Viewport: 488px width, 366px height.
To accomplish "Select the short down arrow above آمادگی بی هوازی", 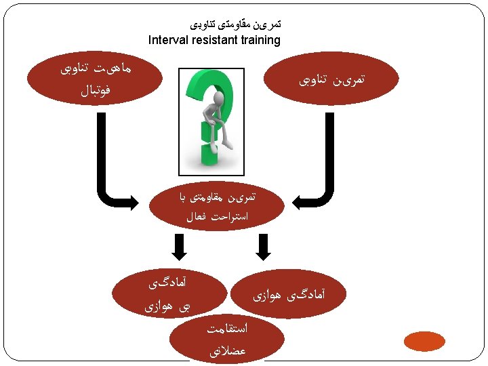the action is tap(179, 247).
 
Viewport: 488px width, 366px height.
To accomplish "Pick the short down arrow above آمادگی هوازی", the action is tap(264, 247).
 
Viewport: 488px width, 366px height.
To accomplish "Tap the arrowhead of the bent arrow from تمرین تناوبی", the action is tap(299, 201).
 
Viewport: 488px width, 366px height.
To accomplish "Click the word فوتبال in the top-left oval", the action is tap(94, 89).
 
